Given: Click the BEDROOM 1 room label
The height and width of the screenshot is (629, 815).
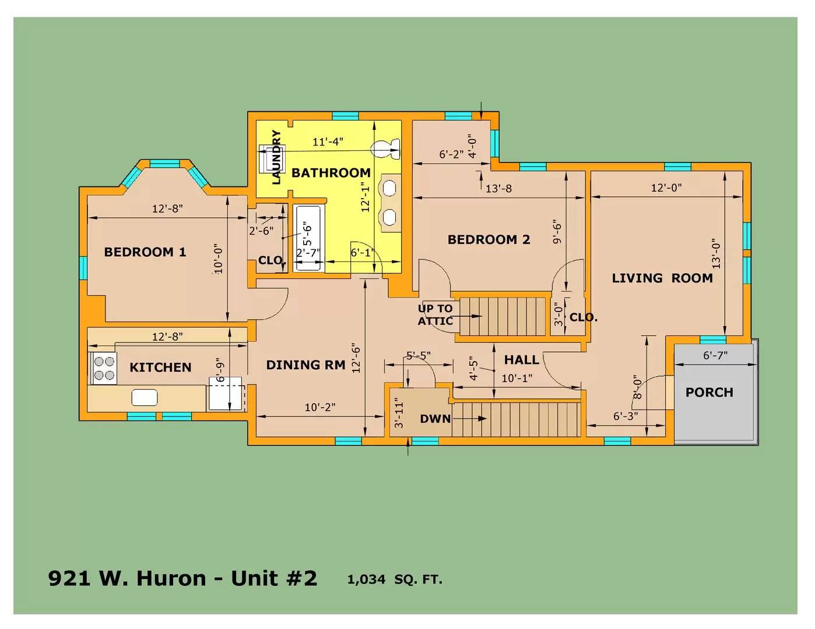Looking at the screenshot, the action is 145,252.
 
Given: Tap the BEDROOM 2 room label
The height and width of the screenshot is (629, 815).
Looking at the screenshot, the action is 489,239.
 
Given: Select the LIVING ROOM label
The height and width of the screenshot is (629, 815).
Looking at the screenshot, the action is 662,278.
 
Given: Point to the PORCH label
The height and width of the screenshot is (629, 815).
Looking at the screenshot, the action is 709,392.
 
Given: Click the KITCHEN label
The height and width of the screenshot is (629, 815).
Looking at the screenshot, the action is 160,367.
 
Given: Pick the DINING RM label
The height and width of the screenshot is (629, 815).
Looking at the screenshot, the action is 305,365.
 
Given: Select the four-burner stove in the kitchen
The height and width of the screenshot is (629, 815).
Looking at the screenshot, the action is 104,368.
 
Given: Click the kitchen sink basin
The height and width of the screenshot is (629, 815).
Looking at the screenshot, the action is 145,397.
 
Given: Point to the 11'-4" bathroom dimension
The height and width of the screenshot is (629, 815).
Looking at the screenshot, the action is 328,142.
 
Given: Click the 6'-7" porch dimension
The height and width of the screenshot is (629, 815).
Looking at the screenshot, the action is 715,355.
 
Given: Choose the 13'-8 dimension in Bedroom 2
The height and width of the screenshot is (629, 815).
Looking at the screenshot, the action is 499,189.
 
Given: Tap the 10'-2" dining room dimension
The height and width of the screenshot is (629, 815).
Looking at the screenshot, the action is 320,407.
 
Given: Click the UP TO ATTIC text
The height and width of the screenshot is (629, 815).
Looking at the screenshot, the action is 435,314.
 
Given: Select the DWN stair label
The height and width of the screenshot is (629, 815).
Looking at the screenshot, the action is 435,419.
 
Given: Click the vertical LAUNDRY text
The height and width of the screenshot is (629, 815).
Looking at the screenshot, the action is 276,157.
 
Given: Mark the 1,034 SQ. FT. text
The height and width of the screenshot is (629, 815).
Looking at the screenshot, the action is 395,579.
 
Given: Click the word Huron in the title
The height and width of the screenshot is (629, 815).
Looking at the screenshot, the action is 171,578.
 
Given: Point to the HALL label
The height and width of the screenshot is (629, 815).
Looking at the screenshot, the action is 521,360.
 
